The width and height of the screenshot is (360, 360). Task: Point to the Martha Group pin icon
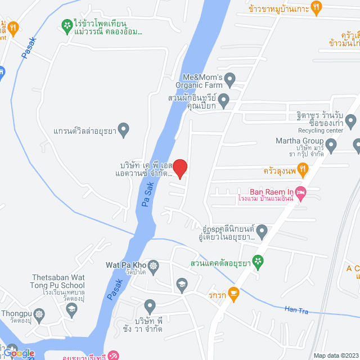(x=331, y=147)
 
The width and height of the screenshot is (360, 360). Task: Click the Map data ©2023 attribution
(x=335, y=355)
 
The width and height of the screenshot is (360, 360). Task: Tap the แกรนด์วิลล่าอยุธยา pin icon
(x=124, y=130)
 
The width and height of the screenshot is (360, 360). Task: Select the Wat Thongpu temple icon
(x=39, y=314)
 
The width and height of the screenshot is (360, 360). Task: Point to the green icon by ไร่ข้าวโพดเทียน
(x=66, y=24)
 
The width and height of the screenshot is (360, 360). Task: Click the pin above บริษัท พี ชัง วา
(x=150, y=307)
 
